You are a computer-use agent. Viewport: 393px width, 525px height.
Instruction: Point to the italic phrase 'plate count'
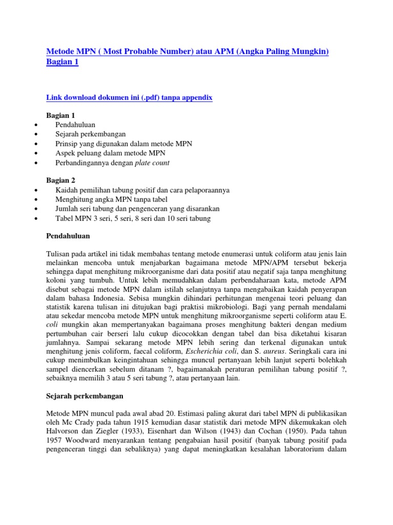(x=152, y=163)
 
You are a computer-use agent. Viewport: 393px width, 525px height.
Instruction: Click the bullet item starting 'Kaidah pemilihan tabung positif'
(x=142, y=190)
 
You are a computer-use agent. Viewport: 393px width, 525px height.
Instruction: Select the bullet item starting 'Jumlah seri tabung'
(x=137, y=209)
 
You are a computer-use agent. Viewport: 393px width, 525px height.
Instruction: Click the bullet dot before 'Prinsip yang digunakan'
(x=34, y=144)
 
